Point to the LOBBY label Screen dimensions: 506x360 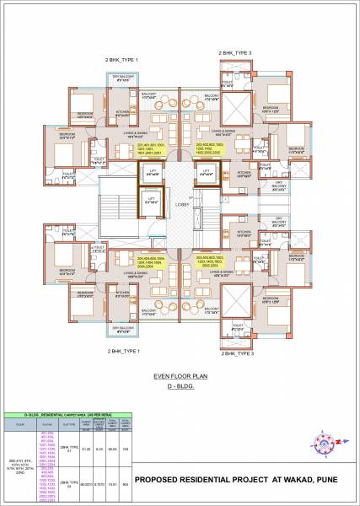(x=180, y=203)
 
